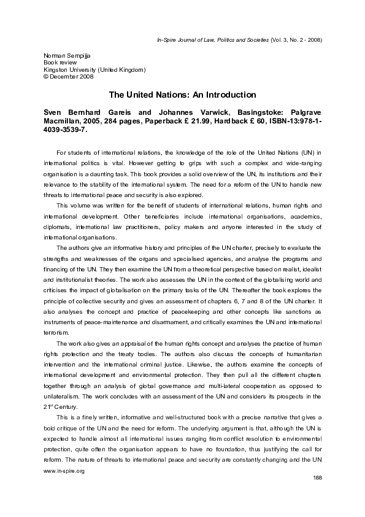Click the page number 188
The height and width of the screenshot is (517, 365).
[x=317, y=495]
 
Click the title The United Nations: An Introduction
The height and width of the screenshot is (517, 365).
[x=182, y=95]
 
